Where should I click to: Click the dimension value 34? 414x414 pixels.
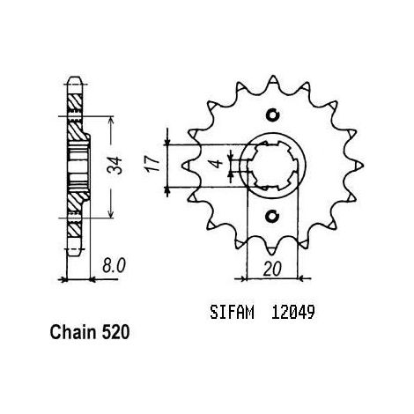(115, 166)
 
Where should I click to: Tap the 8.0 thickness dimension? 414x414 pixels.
(114, 266)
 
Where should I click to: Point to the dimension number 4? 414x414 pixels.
(218, 164)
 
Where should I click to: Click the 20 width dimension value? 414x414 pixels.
(272, 269)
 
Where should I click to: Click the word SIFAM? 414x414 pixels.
(232, 312)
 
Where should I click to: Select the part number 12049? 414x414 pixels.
(293, 312)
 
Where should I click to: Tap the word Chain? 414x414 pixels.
(73, 332)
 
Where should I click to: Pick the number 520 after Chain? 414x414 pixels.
(115, 332)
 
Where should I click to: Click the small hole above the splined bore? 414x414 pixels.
(272, 115)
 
